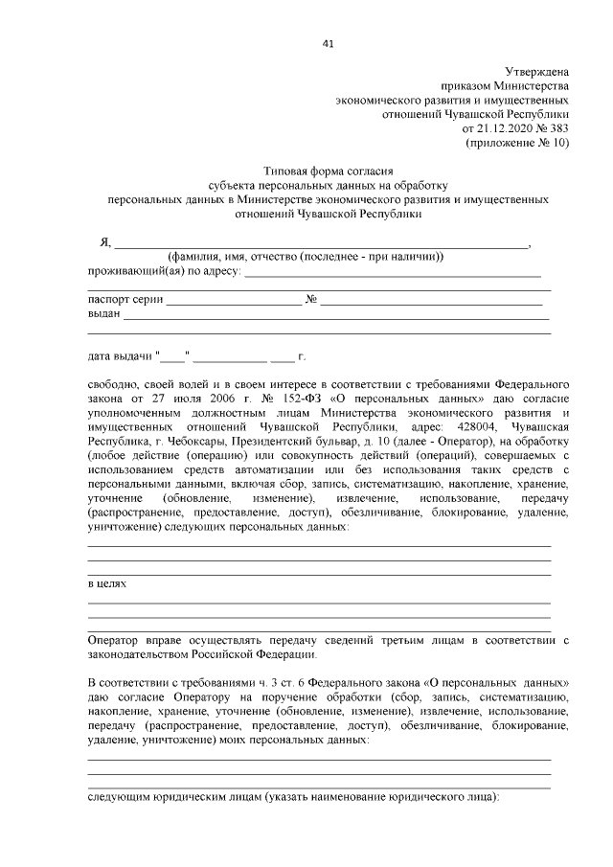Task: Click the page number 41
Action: pyautogui.click(x=329, y=44)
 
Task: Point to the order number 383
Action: pyautogui.click(x=559, y=126)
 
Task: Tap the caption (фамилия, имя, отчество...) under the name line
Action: pyautogui.click(x=305, y=258)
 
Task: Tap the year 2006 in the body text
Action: pyautogui.click(x=200, y=397)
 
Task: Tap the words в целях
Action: pyautogui.click(x=106, y=582)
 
